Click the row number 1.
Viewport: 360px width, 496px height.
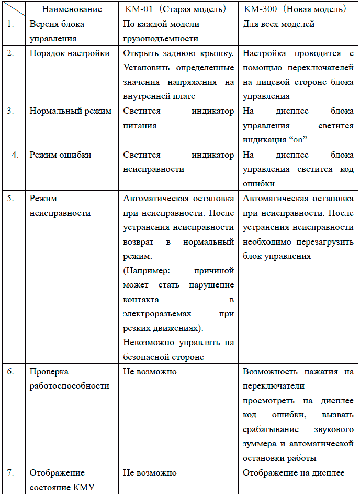11,24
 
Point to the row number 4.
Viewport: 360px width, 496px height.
15,155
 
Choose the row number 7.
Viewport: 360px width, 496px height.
11,472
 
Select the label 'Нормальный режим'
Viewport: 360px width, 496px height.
70,111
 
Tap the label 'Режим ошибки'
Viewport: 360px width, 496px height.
60,155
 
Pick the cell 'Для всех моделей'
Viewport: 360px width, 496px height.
279,24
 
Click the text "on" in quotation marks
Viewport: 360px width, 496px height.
299,140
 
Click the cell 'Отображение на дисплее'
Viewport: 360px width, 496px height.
294,472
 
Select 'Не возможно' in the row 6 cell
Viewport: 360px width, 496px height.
150,371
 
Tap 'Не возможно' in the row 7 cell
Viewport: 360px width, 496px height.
150,472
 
